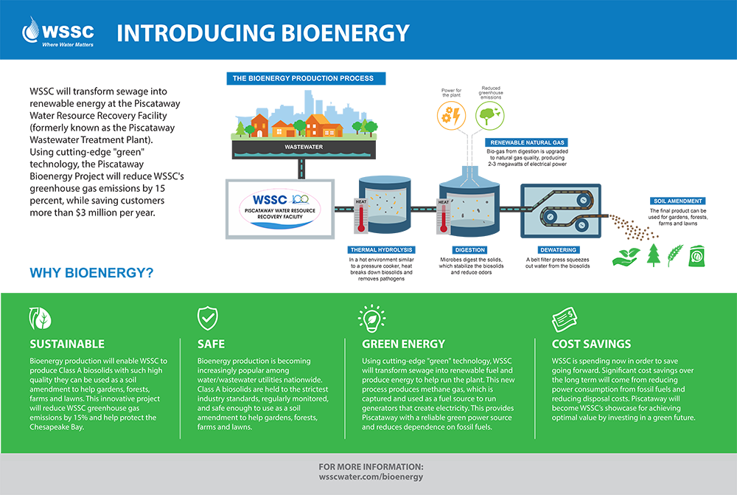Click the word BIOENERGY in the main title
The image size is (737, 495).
coord(340,32)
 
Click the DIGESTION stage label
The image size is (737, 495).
coord(469,250)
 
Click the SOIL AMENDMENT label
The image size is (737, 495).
coord(677,201)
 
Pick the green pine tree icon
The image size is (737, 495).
coord(653,255)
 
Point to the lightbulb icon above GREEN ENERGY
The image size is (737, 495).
coord(371,318)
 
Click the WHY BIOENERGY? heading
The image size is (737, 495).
coord(91,273)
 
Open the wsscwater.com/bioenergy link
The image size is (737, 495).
coord(371,477)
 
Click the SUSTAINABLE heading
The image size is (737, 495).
coord(67,344)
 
